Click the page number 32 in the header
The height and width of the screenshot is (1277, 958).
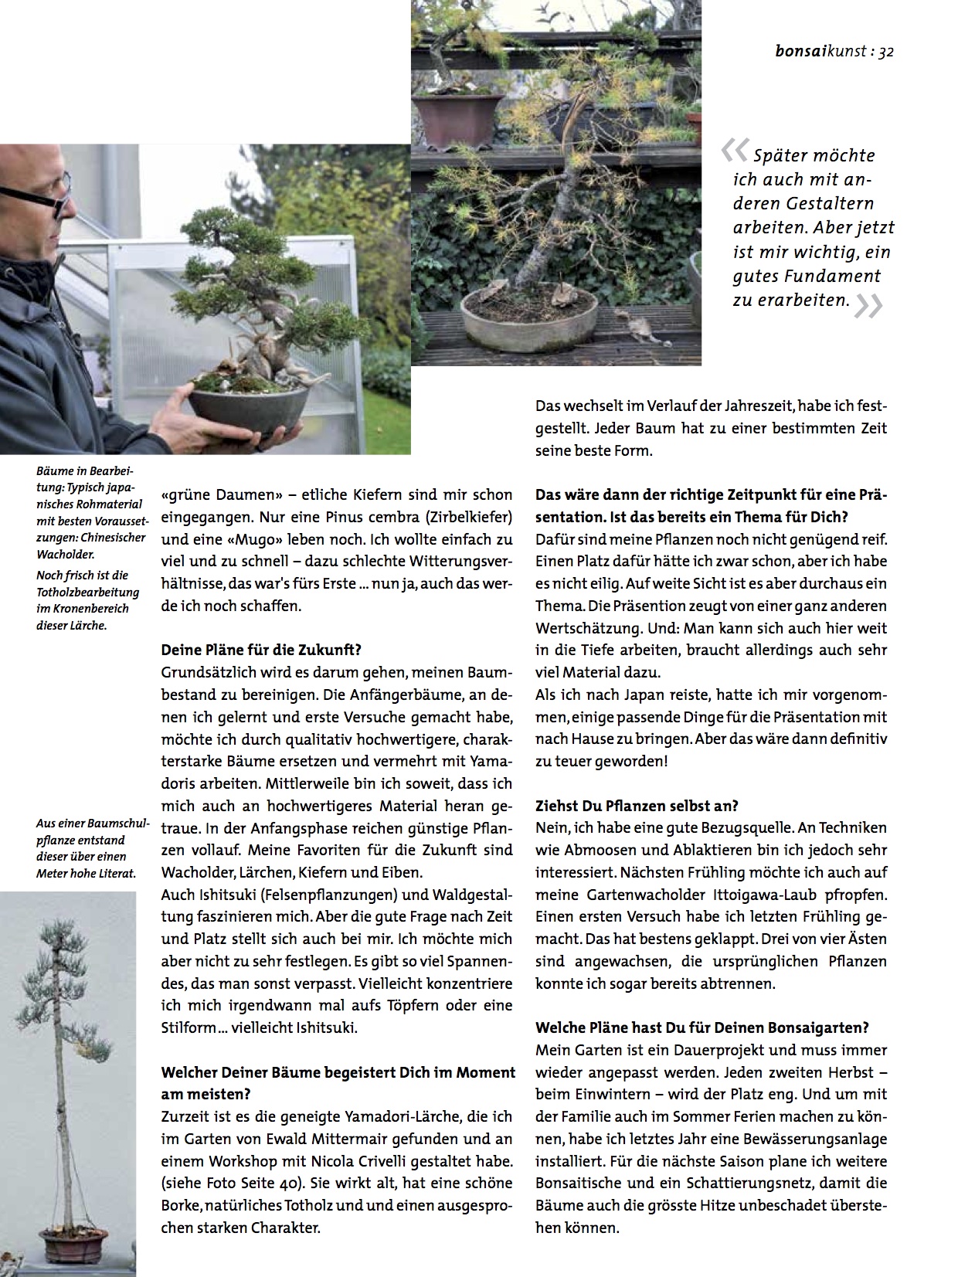[x=885, y=53]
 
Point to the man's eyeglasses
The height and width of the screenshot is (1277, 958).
[x=35, y=193]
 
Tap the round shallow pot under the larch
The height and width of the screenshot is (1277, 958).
[x=528, y=321]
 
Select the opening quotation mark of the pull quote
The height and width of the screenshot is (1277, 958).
[x=734, y=151]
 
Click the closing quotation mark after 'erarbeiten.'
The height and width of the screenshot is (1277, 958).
[x=868, y=306]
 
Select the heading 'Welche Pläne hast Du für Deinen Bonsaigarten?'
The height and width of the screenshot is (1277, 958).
[x=702, y=1027]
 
